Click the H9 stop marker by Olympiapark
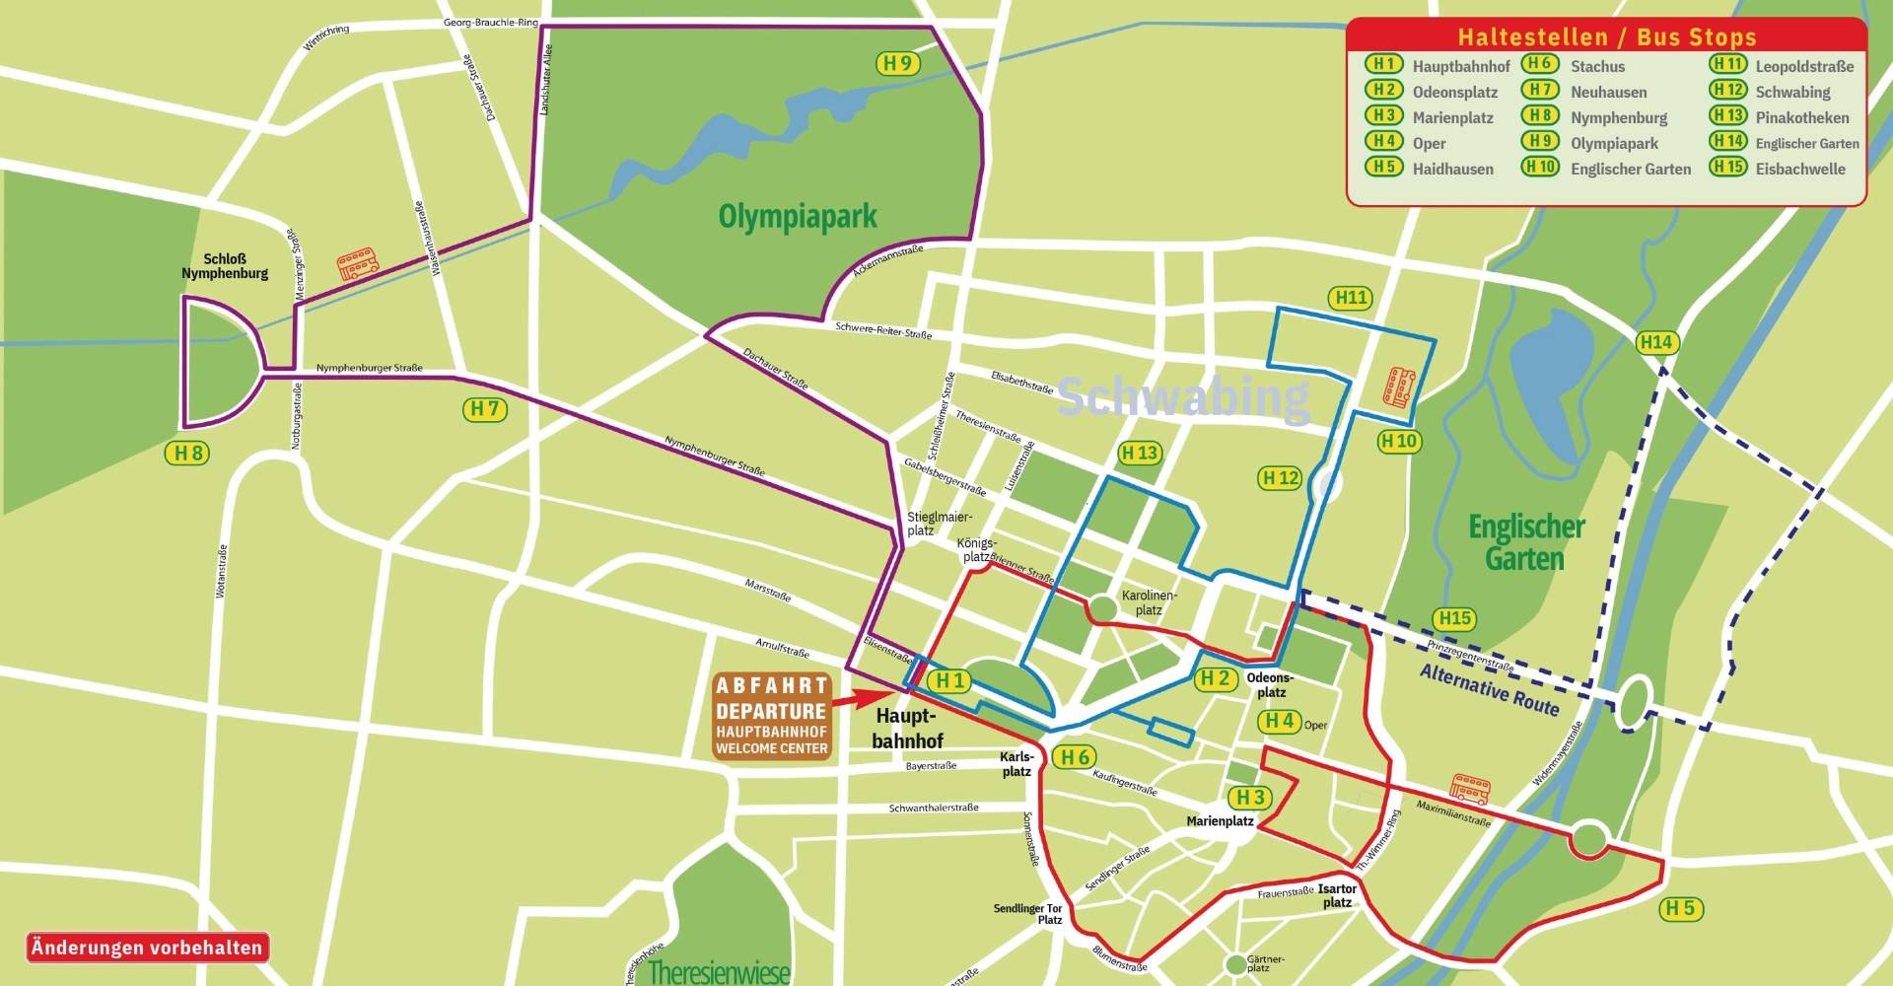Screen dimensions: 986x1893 point(897,64)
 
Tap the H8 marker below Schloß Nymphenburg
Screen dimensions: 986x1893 point(186,454)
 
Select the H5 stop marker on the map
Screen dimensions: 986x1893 point(1681,909)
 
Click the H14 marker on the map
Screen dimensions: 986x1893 point(1656,343)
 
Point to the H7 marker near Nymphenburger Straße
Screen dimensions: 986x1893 point(485,409)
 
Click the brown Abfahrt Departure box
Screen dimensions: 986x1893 point(772,716)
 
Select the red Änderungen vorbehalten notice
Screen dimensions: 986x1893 point(147,949)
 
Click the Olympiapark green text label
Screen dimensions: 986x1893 point(797,217)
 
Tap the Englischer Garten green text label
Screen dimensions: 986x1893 point(1525,542)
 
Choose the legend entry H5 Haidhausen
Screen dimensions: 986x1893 point(1430,169)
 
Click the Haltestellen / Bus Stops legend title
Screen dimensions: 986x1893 point(1606,37)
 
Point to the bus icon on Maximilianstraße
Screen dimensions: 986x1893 point(1469,790)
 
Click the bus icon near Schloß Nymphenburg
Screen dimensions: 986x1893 point(357,264)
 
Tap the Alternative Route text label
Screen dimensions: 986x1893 point(1489,689)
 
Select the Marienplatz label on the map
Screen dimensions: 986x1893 point(1220,821)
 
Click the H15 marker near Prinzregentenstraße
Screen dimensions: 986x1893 point(1454,619)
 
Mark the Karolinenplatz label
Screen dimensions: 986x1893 point(1149,602)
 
